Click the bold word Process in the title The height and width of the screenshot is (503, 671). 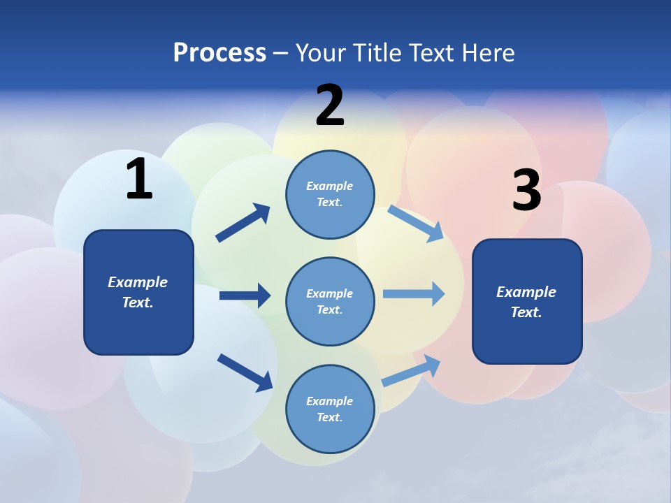[219, 52]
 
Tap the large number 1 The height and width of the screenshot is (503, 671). [139, 179]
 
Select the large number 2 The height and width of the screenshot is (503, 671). [330, 105]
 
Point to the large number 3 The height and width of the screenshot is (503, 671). [526, 191]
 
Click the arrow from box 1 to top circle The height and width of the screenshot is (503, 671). [243, 223]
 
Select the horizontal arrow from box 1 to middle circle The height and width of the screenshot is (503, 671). [245, 296]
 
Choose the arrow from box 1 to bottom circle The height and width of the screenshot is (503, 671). [245, 372]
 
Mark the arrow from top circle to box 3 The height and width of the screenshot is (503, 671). [416, 223]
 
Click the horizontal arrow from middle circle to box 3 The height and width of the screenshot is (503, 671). [414, 294]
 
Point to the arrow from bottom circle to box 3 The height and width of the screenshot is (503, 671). [412, 370]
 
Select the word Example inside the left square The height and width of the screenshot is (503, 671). [138, 282]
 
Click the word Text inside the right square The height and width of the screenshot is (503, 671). [526, 312]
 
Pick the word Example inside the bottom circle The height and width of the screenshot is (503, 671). [330, 401]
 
